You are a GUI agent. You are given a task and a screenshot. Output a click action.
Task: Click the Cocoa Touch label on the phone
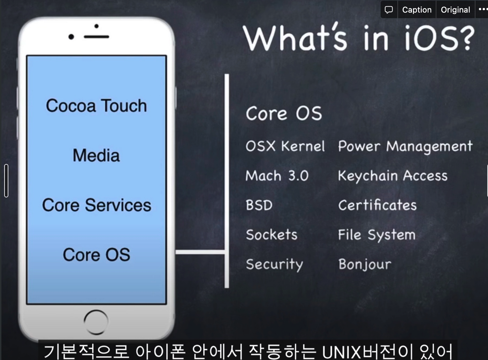pyautogui.click(x=96, y=106)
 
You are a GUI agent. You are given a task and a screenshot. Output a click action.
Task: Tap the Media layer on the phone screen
pyautogui.click(x=96, y=155)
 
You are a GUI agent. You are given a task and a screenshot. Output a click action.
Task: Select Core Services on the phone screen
pyautogui.click(x=97, y=205)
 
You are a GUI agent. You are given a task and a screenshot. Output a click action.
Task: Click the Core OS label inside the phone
pyautogui.click(x=97, y=255)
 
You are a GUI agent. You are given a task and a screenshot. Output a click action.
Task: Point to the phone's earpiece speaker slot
pyautogui.click(x=97, y=37)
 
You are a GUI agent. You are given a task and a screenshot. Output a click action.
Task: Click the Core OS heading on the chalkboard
pyautogui.click(x=284, y=114)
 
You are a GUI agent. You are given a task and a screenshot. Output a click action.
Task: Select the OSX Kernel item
pyautogui.click(x=285, y=146)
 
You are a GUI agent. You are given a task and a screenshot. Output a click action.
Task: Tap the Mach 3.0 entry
pyautogui.click(x=277, y=176)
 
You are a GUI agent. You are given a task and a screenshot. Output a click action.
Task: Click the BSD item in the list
pyautogui.click(x=259, y=205)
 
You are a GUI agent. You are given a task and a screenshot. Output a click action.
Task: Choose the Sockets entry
pyautogui.click(x=272, y=235)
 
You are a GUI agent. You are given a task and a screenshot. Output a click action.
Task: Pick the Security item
pyautogui.click(x=274, y=264)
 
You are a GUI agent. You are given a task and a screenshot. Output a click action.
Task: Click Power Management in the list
pyautogui.click(x=405, y=147)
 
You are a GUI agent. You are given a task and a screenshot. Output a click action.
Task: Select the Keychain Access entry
pyautogui.click(x=392, y=176)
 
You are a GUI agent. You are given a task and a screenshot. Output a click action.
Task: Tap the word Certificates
pyautogui.click(x=378, y=205)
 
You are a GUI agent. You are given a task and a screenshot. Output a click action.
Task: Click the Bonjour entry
pyautogui.click(x=365, y=264)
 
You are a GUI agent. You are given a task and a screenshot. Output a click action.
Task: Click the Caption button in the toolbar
pyautogui.click(x=417, y=10)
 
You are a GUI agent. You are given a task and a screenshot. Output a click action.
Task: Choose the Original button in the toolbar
pyautogui.click(x=455, y=10)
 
